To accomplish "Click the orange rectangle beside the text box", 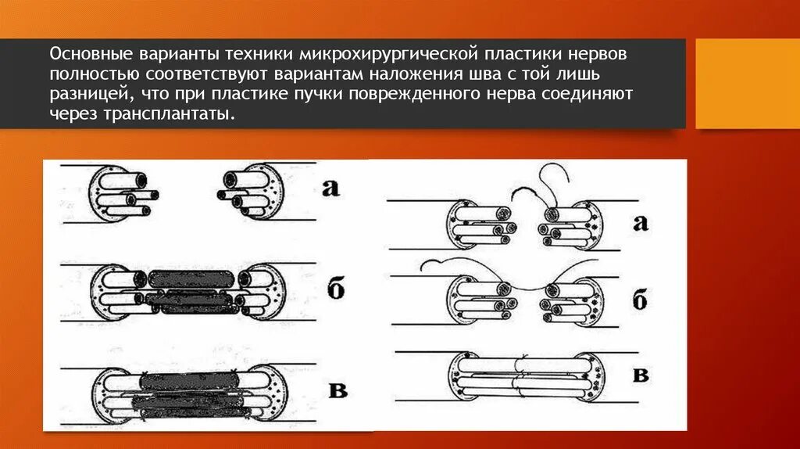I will click(x=747, y=84).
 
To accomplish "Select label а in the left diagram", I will click(x=330, y=188).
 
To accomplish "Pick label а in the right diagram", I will click(x=640, y=222).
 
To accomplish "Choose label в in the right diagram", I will click(x=640, y=374).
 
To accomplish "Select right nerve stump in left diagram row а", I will click(x=248, y=192).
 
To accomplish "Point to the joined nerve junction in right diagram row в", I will click(x=522, y=372).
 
